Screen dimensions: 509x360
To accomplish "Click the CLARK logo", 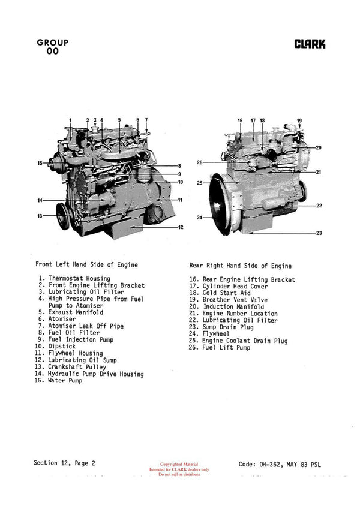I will (310, 44).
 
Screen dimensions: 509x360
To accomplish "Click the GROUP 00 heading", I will (52, 47).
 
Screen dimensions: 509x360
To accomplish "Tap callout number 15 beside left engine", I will (40, 163).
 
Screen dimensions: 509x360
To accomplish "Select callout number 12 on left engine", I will (179, 227).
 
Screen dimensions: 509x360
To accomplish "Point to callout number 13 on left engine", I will (40, 216).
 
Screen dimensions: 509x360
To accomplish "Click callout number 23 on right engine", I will (319, 233).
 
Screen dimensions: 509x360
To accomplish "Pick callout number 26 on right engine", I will (200, 162).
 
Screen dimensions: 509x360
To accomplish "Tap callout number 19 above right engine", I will (299, 121).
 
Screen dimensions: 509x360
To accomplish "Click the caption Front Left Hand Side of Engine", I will (86, 264).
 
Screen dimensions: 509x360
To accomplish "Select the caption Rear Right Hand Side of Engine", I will (241, 266).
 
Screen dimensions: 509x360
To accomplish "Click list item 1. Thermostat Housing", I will (74, 278).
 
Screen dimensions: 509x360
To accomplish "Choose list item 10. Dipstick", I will (55, 347).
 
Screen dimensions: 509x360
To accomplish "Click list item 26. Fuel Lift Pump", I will (220, 348).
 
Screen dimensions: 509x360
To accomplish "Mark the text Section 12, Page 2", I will (64, 463).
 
